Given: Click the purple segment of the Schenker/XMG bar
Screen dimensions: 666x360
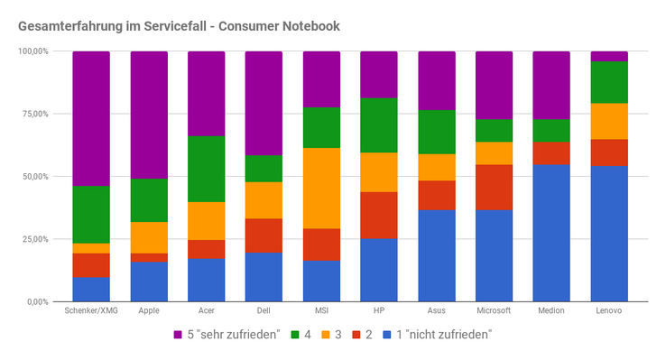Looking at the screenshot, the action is (x=91, y=118).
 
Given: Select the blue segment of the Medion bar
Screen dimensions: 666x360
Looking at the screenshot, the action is (x=551, y=233).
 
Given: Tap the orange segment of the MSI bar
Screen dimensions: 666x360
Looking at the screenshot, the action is (x=321, y=189).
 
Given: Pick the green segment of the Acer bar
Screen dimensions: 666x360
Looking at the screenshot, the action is (x=207, y=169).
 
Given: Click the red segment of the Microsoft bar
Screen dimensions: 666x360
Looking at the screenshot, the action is (x=494, y=187).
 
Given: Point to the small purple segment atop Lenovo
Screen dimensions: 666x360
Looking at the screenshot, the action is (x=609, y=57).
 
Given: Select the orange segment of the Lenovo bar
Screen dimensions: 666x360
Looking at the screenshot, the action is (x=609, y=122).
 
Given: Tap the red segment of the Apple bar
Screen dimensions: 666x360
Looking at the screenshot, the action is (x=149, y=258).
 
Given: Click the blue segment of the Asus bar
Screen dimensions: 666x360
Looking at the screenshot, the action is (x=437, y=256).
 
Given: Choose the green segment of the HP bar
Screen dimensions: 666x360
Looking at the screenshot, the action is (x=379, y=125).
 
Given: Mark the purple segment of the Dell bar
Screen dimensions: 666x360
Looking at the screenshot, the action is (x=264, y=103).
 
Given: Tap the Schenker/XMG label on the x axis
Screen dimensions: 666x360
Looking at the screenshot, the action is (x=91, y=310).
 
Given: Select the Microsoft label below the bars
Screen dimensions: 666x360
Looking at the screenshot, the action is (x=494, y=310).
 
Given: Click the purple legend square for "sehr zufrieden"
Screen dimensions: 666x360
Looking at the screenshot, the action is (x=178, y=335).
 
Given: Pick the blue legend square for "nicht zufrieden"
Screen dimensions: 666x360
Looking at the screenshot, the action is (x=387, y=335).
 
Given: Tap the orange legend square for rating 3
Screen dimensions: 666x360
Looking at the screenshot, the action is (x=326, y=335).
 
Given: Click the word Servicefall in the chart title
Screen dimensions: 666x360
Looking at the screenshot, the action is (x=175, y=26).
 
